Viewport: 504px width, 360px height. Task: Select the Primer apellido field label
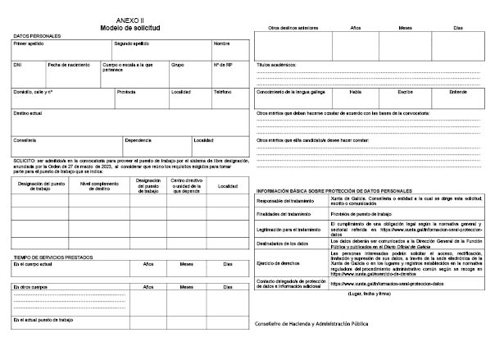pyautogui.click(x=29, y=43)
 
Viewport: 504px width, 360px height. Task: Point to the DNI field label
pyautogui.click(x=17, y=64)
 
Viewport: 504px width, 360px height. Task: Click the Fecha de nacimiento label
pyautogui.click(x=67, y=64)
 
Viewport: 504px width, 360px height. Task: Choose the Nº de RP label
pyautogui.click(x=223, y=64)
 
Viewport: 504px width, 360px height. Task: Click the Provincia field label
pyautogui.click(x=126, y=92)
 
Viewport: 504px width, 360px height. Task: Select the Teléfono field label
pyautogui.click(x=223, y=92)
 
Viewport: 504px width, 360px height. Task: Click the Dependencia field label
pyautogui.click(x=138, y=140)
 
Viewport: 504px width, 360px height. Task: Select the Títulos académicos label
pyautogui.click(x=276, y=64)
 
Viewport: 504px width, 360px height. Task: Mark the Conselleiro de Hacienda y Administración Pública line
pyautogui.click(x=312, y=324)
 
